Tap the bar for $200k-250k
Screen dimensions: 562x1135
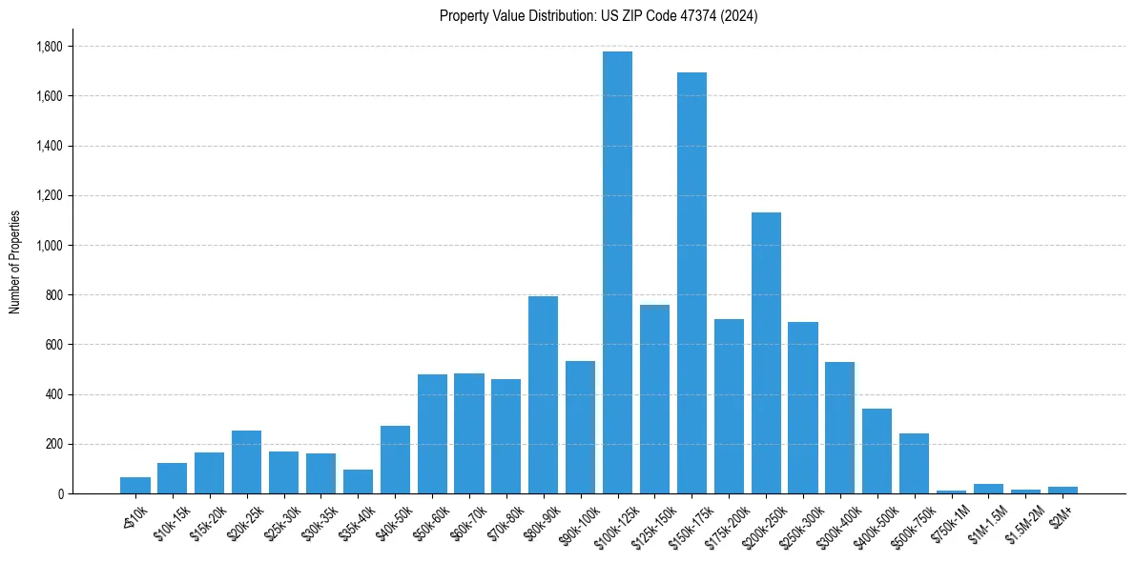coord(766,352)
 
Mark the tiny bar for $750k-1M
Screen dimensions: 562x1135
coord(951,492)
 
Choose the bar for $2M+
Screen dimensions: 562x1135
coord(1063,490)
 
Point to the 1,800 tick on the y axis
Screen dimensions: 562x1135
coord(50,47)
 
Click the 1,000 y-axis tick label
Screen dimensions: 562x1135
coord(50,246)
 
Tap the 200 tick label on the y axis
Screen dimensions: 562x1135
coord(54,444)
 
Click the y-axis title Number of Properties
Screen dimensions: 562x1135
coord(14,261)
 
